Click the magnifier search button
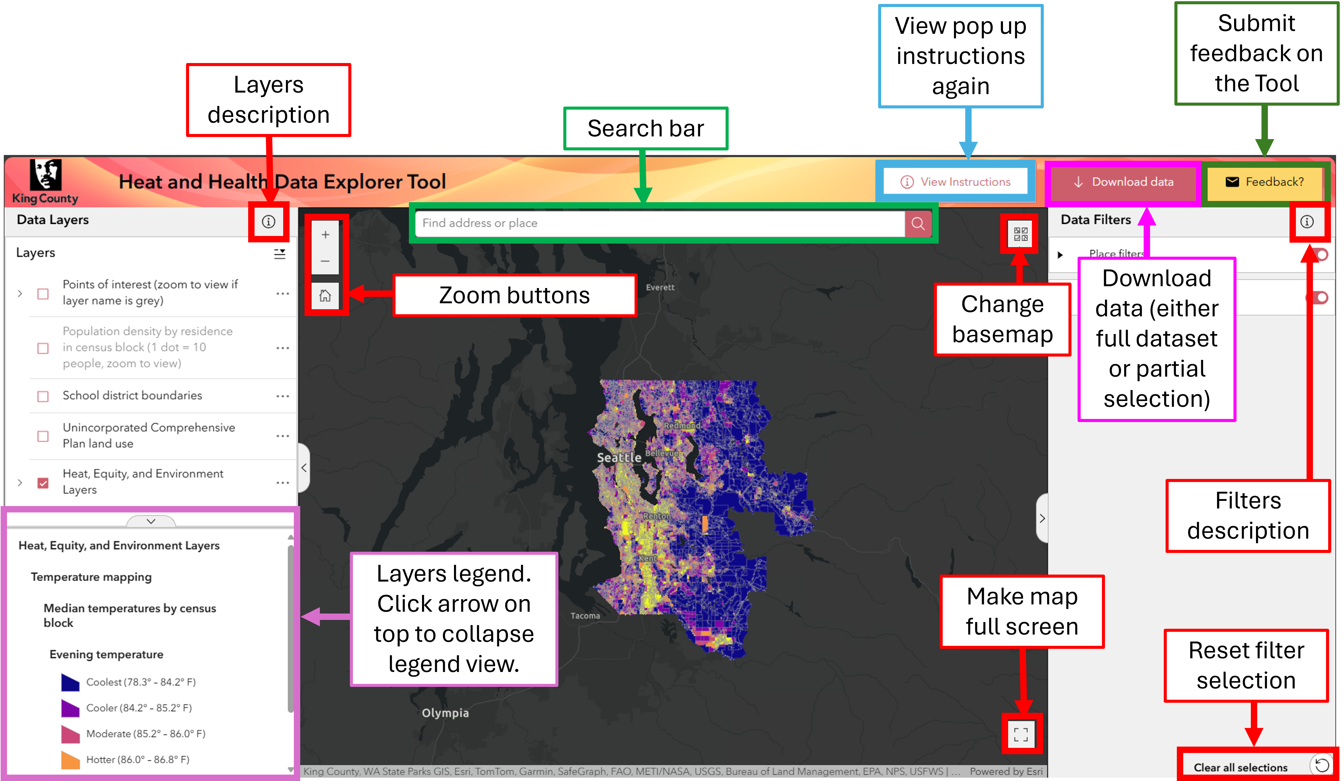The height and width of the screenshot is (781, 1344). tap(918, 223)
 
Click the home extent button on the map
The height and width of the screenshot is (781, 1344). tap(325, 296)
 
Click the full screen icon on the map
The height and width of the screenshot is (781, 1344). tap(1021, 735)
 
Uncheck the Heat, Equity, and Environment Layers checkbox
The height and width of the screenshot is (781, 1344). tap(43, 483)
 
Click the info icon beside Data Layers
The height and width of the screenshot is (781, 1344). tap(268, 221)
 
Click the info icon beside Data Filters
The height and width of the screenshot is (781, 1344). tap(1307, 221)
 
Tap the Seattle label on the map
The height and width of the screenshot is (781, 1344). tap(619, 458)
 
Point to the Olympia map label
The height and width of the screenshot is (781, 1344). tap(445, 713)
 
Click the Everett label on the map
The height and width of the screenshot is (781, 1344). tap(660, 287)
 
